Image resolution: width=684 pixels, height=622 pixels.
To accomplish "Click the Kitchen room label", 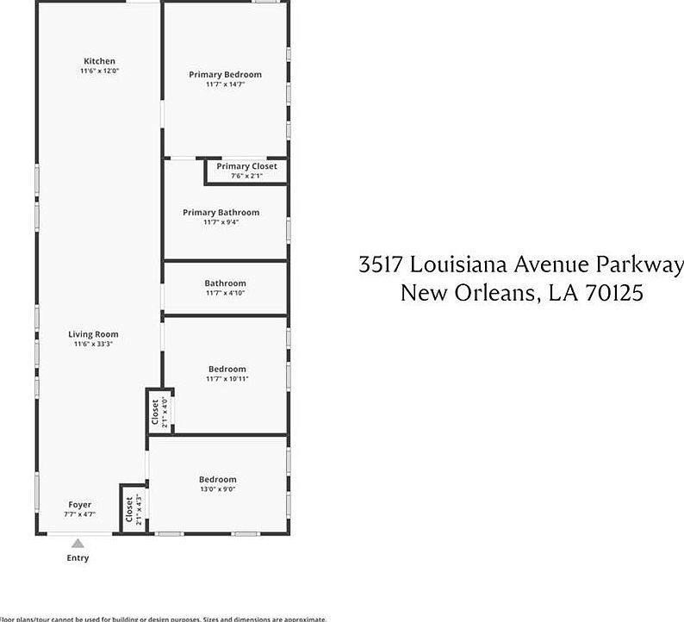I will pos(99,61).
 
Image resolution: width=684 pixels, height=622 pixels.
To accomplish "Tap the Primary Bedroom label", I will pos(225,75).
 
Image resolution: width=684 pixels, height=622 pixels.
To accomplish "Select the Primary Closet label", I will pos(246,166).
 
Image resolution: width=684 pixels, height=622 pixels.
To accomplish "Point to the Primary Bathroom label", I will pos(221,213).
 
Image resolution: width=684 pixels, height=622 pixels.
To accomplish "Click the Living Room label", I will pos(94,334).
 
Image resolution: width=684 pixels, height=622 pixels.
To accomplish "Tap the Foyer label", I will pos(80,505).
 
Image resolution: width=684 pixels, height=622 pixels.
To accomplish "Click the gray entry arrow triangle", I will pos(78,544).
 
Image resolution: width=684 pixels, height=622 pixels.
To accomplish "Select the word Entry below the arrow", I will pos(78,558).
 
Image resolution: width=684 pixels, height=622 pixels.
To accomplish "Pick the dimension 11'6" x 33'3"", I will pos(94,345).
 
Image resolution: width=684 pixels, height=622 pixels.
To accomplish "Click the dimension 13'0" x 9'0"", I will pos(217,489).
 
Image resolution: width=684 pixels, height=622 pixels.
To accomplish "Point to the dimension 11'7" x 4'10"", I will pos(225,293).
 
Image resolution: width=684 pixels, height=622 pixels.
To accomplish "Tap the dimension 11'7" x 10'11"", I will pos(227,379).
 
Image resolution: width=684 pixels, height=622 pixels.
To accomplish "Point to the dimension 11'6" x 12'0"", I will pos(99,71).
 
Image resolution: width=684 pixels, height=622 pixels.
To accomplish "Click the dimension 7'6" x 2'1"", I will pos(246,176).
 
